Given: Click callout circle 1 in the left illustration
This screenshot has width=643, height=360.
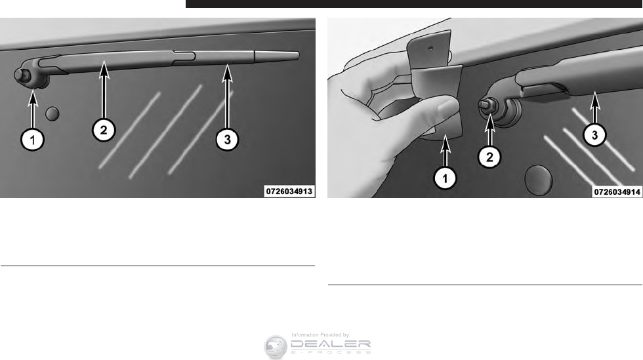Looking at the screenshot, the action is [32, 140].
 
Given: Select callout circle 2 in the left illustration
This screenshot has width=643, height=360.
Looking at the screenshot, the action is [104, 130].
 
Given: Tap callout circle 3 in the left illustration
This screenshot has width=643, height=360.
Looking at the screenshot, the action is [227, 140].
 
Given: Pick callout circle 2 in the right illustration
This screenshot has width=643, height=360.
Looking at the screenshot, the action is [489, 156].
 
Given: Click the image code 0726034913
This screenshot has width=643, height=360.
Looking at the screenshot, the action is [289, 191].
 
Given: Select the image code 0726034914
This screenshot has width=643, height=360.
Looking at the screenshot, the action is [617, 191].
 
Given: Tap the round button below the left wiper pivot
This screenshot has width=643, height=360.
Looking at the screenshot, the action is [52, 113].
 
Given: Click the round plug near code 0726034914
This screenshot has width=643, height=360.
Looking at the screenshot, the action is [539, 180].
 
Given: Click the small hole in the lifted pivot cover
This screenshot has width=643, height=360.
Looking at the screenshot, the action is [430, 48].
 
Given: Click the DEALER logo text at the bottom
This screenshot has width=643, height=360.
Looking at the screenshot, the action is [331, 346].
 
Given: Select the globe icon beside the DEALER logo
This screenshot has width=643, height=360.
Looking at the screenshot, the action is [275, 347].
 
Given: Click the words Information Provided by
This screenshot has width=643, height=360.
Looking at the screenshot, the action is [321, 335].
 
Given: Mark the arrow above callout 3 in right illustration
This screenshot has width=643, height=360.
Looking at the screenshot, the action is [595, 108].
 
